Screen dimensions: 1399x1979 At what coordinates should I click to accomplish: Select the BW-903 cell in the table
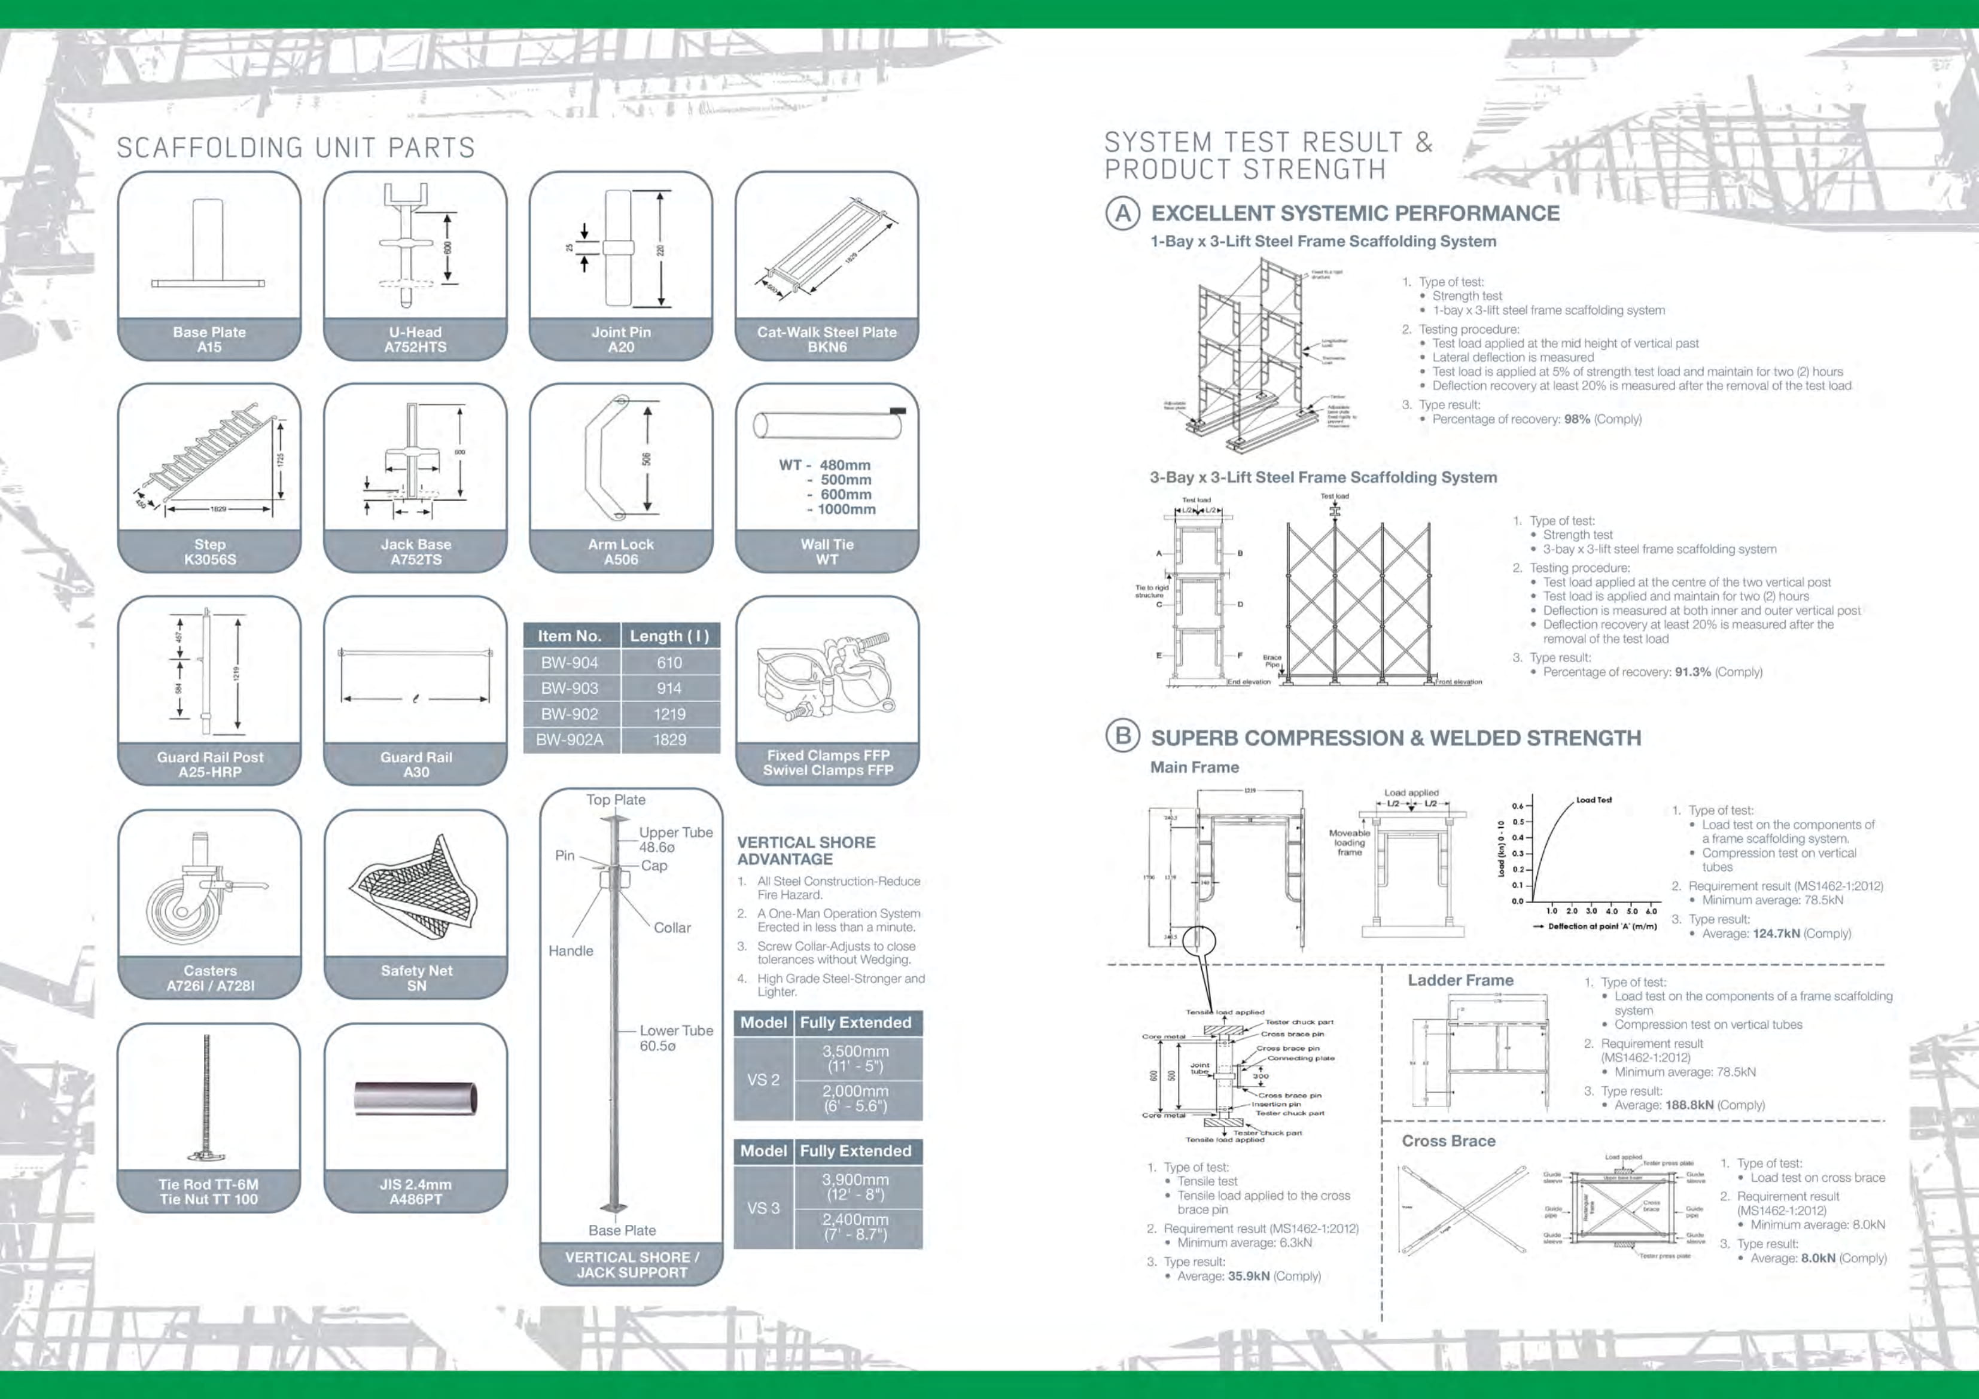pyautogui.click(x=569, y=688)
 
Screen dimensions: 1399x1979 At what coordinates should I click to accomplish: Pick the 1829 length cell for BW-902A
pyautogui.click(x=669, y=740)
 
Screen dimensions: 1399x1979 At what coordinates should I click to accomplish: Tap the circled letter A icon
pyautogui.click(x=1122, y=213)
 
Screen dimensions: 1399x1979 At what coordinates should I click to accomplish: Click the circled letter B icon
pyautogui.click(x=1122, y=736)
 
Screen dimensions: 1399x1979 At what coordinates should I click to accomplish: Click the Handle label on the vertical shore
pyautogui.click(x=571, y=951)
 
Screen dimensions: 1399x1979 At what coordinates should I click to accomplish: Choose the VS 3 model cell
pyautogui.click(x=763, y=1208)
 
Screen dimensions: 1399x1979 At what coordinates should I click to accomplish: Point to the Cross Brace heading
pyautogui.click(x=1448, y=1141)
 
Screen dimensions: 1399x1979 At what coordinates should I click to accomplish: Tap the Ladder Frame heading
pyautogui.click(x=1460, y=980)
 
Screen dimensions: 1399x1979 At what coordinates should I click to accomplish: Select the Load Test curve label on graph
pyautogui.click(x=1593, y=800)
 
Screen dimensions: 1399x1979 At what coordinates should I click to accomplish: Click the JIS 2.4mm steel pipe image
pyautogui.click(x=415, y=1099)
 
